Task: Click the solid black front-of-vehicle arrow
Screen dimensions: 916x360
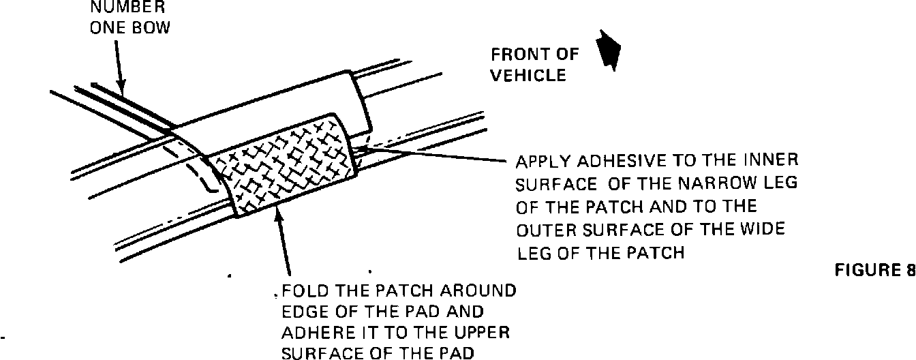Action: [x=608, y=49]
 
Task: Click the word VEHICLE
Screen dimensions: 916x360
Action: [x=528, y=75]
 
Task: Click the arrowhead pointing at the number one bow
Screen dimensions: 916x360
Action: [x=123, y=89]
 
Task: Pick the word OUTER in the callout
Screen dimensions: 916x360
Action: [x=543, y=230]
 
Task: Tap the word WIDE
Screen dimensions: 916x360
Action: [x=762, y=230]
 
